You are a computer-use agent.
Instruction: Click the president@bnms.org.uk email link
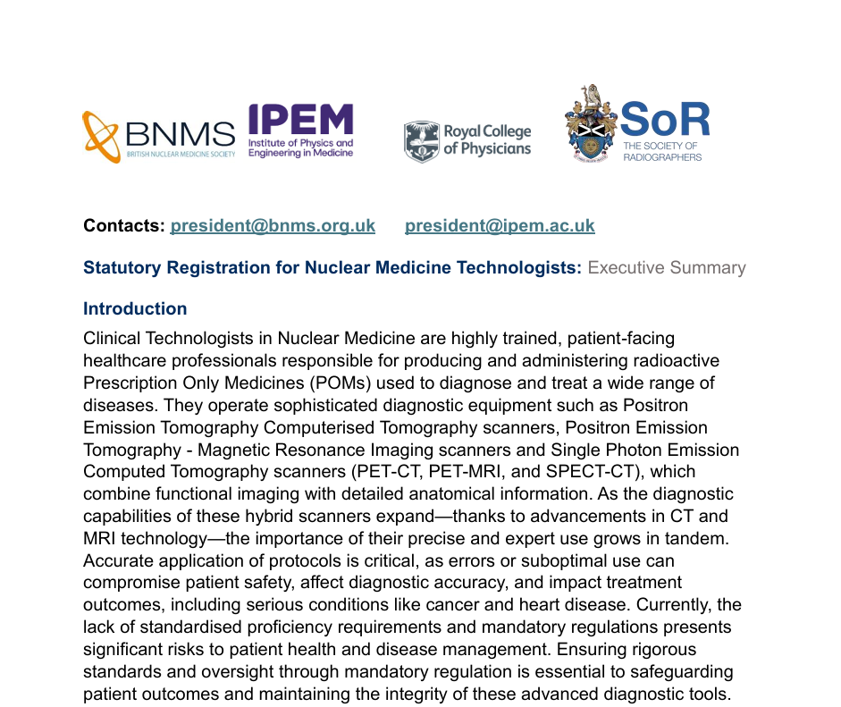(273, 225)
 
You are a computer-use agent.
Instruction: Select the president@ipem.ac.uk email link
(500, 225)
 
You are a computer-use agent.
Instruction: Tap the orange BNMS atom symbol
(101, 136)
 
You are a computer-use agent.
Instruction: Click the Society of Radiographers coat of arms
(592, 123)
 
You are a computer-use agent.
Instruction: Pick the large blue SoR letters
(665, 120)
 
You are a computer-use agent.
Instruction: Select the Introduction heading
(135, 309)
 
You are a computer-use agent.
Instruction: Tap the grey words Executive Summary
(666, 268)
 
